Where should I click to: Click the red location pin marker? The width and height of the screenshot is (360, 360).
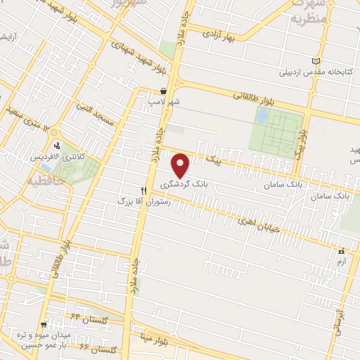(181, 166)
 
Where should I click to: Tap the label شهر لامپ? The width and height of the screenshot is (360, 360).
(163, 102)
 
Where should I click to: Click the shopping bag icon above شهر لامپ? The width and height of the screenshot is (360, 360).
(163, 91)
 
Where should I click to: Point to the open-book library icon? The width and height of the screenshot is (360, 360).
(316, 61)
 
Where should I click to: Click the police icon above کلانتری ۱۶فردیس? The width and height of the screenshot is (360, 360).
(57, 146)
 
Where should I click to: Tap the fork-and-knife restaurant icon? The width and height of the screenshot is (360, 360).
(143, 191)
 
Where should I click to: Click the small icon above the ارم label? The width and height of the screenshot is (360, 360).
(341, 251)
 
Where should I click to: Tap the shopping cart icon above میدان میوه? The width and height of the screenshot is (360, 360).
(44, 325)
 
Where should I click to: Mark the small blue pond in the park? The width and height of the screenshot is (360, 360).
(262, 116)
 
